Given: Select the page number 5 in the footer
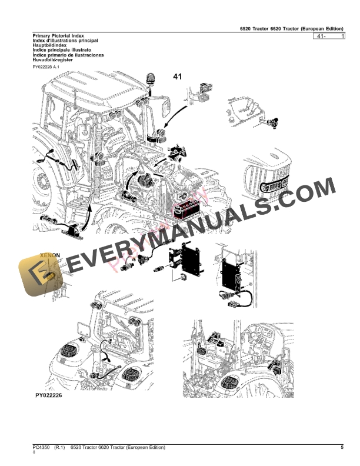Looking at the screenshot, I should pyautogui.click(x=342, y=448).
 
